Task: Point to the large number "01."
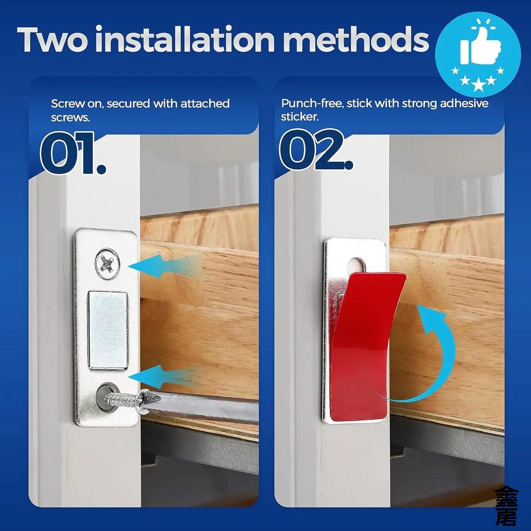(73, 153)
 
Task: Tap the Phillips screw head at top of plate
(108, 263)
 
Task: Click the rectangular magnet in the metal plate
(108, 330)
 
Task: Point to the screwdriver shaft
(207, 408)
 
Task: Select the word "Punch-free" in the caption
(311, 103)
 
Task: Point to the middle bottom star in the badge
(478, 82)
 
